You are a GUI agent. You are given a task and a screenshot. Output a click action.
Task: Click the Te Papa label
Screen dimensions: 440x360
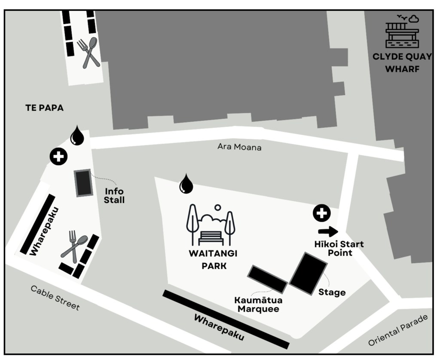(x=44, y=108)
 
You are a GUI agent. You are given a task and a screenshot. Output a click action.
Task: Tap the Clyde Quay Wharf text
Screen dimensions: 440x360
(x=402, y=63)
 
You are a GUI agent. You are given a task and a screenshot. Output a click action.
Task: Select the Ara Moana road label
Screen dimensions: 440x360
(x=239, y=147)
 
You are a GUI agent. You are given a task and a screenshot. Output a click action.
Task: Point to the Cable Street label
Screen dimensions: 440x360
(x=55, y=298)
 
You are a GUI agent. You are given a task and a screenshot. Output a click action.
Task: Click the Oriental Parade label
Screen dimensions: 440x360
(x=398, y=330)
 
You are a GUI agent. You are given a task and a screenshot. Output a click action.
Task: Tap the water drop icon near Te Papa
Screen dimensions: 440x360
(x=77, y=135)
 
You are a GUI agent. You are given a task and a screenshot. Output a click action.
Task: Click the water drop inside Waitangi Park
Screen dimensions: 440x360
(x=186, y=184)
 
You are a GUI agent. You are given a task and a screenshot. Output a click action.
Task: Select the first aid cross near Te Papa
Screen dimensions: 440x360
(x=58, y=157)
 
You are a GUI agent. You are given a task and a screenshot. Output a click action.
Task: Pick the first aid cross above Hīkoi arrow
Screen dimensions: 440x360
(x=322, y=213)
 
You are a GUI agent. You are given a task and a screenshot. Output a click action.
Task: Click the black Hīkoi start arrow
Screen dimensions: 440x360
(x=328, y=231)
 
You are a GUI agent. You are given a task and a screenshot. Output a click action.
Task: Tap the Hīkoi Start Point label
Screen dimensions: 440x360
(x=339, y=248)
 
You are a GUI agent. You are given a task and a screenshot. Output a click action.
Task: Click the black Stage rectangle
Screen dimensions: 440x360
(x=308, y=273)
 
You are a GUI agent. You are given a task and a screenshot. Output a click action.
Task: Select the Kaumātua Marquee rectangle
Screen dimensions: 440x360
(x=267, y=279)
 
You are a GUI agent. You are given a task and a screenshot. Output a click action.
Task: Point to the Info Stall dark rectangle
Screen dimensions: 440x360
(x=83, y=183)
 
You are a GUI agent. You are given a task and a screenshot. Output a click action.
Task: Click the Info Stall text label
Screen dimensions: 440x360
(x=114, y=196)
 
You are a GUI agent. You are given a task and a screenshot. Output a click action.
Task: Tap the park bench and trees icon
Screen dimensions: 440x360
(x=211, y=225)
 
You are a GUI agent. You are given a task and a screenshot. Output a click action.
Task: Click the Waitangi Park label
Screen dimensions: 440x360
(x=213, y=259)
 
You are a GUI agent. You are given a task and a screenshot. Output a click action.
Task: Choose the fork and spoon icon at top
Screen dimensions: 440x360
(x=89, y=53)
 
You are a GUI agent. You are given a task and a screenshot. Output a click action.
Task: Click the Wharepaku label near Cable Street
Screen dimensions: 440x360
(x=44, y=231)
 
